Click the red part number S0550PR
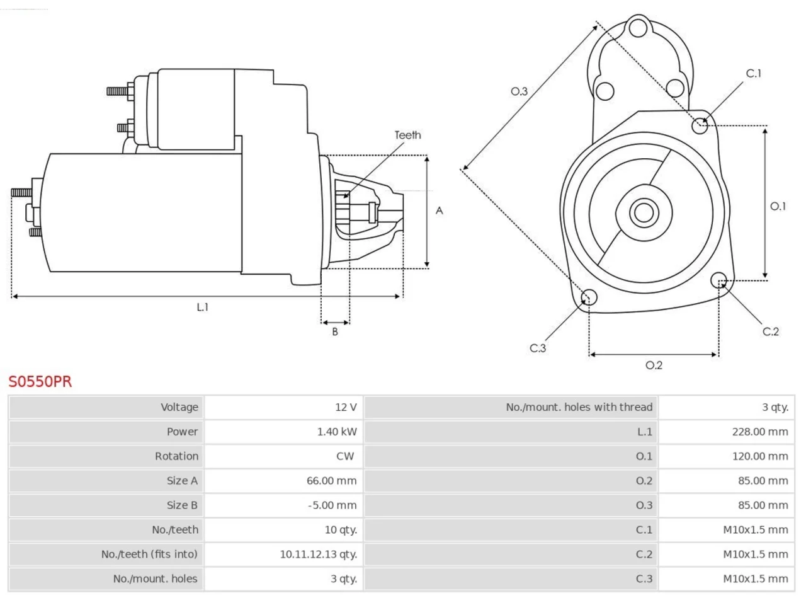pyautogui.click(x=40, y=382)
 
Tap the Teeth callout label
pyautogui.click(x=407, y=135)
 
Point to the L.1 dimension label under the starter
pyautogui.click(x=202, y=307)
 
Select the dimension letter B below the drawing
pyautogui.click(x=335, y=331)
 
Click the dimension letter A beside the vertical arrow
pyautogui.click(x=439, y=210)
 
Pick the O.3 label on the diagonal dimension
pyautogui.click(x=519, y=91)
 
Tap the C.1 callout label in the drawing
pyautogui.click(x=754, y=74)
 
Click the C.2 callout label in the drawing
pyautogui.click(x=770, y=331)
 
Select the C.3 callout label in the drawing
pyautogui.click(x=538, y=349)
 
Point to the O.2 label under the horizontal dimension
pyautogui.click(x=654, y=365)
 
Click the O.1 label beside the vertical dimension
pyautogui.click(x=778, y=206)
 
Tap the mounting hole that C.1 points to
pyautogui.click(x=700, y=125)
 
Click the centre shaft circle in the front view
pyautogui.click(x=644, y=212)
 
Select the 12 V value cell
pyautogui.click(x=346, y=407)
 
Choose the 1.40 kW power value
pyautogui.click(x=337, y=432)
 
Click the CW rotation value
pyautogui.click(x=345, y=456)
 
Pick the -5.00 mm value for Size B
pyautogui.click(x=332, y=505)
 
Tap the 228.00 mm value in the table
pyautogui.click(x=760, y=432)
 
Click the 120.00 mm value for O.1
pyautogui.click(x=760, y=456)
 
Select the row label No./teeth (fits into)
pyautogui.click(x=149, y=554)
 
